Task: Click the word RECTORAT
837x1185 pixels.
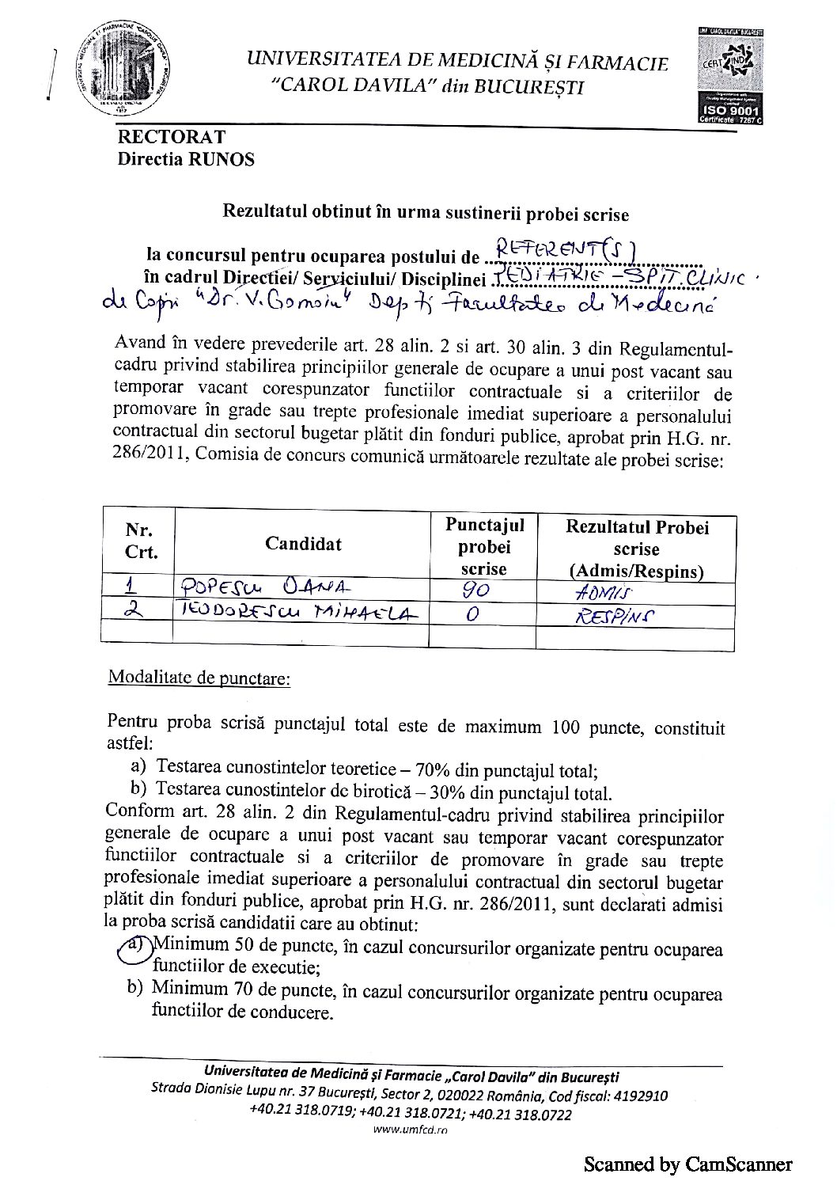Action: [x=172, y=137]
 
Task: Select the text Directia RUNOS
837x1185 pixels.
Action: [x=186, y=159]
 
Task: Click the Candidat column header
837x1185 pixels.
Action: [x=303, y=544]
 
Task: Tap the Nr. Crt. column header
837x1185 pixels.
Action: [x=140, y=541]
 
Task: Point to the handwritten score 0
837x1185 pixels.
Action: [x=472, y=614]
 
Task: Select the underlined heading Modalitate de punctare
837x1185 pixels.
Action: [x=199, y=679]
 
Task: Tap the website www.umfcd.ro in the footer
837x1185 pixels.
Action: [x=410, y=1130]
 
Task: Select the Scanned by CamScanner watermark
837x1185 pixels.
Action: [x=687, y=1164]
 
